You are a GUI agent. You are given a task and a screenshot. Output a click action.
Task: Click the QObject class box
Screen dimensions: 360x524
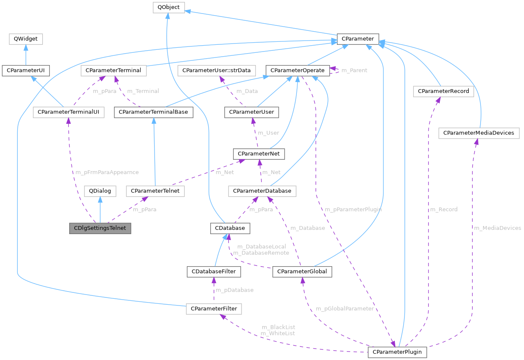(x=168, y=8)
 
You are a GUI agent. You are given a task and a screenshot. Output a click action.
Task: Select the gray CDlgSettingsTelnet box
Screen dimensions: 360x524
(x=100, y=228)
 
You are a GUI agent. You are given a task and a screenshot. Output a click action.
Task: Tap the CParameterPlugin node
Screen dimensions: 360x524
(x=397, y=352)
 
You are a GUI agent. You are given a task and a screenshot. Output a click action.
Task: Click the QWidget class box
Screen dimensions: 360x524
(x=26, y=39)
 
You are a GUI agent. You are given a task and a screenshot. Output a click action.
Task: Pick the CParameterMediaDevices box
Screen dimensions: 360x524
(x=479, y=133)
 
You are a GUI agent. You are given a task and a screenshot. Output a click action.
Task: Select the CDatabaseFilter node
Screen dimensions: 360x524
(x=214, y=271)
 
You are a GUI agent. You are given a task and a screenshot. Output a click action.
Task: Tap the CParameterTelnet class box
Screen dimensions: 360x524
(x=155, y=191)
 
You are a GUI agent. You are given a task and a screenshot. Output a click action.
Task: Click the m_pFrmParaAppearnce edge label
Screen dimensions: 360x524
(x=107, y=172)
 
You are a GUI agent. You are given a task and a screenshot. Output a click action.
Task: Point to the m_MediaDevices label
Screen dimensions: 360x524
(x=497, y=228)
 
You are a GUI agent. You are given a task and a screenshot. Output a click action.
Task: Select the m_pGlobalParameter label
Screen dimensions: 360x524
(x=345, y=308)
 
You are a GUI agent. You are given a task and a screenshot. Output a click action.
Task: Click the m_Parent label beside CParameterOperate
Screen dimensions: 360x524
(x=354, y=70)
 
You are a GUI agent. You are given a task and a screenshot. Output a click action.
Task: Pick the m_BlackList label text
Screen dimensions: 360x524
(x=278, y=327)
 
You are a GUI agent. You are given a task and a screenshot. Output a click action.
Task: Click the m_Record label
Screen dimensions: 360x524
(x=443, y=209)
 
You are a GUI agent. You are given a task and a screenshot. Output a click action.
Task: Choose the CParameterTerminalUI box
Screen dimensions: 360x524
(x=68, y=112)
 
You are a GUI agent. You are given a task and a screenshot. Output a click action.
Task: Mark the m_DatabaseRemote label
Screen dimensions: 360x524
(x=261, y=253)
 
